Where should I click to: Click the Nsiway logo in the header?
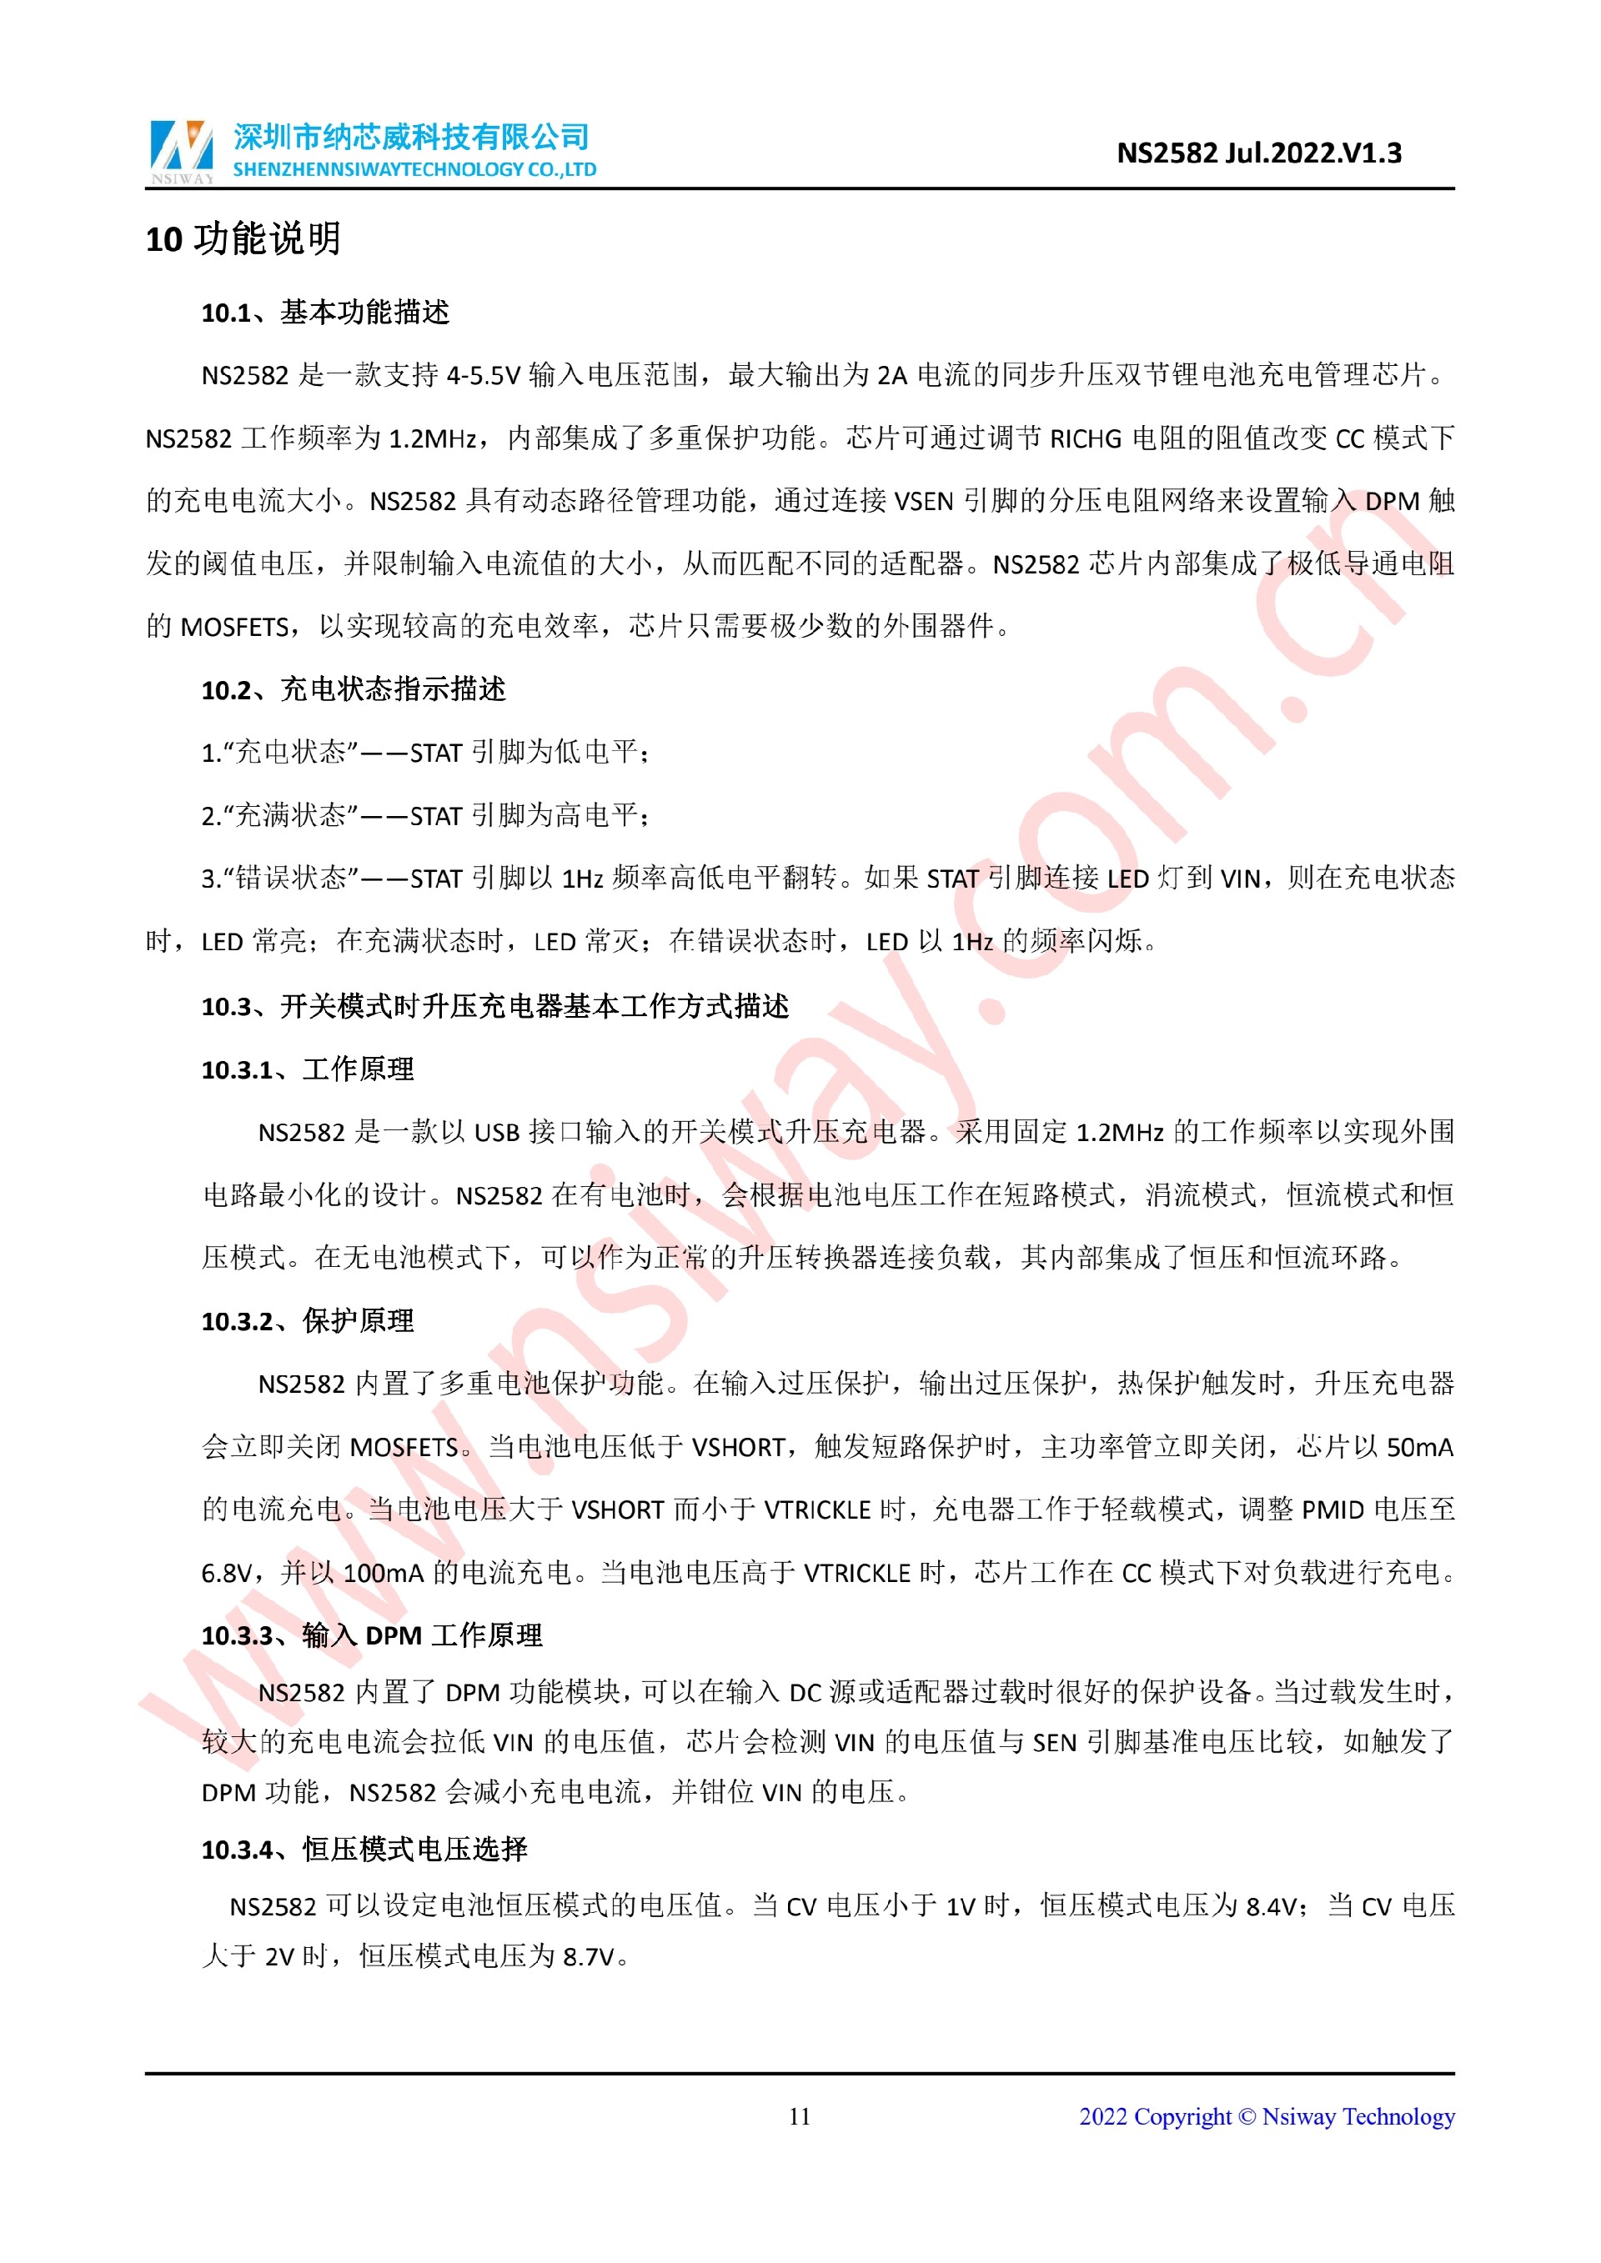[182, 151]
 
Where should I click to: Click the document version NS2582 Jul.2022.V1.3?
[1258, 153]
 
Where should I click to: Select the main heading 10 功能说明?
[243, 238]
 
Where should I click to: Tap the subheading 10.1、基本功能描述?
[325, 313]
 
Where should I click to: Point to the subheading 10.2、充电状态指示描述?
[353, 689]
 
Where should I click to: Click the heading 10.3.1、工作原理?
[308, 1069]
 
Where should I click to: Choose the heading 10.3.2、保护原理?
[308, 1321]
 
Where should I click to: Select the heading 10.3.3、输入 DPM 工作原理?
[372, 1635]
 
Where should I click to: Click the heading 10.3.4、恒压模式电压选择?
[364, 1849]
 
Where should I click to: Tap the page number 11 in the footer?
[800, 2116]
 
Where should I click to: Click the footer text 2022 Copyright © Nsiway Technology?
[1266, 2116]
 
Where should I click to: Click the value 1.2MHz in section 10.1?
[434, 438]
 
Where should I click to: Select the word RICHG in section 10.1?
[1086, 438]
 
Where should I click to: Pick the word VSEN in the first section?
[924, 502]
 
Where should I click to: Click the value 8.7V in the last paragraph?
[589, 1956]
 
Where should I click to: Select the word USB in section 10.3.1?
[496, 1133]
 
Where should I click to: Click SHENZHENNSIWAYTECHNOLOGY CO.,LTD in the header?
[414, 169]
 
